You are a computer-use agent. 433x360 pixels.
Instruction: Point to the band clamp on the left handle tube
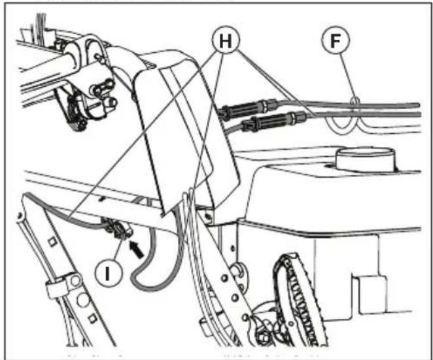click(58, 288)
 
